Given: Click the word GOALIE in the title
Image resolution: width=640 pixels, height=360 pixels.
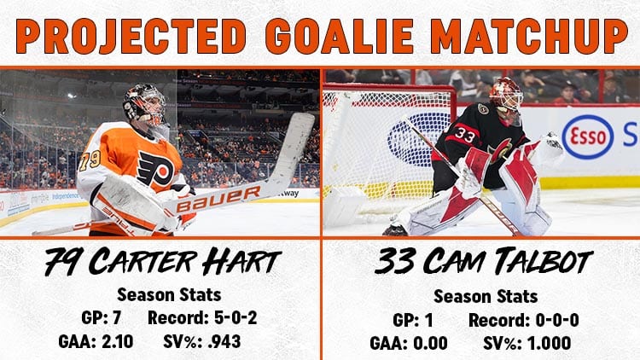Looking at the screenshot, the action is coord(339,36).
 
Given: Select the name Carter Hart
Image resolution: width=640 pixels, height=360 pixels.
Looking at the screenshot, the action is coord(185,261).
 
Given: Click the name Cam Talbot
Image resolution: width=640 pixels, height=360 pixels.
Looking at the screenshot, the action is coord(508,261).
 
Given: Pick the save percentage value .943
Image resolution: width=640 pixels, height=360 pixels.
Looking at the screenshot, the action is coord(224,341).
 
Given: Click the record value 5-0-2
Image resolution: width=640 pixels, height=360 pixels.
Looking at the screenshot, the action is coord(236,318).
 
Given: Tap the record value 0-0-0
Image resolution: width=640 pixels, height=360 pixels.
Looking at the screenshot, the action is coord(557,321).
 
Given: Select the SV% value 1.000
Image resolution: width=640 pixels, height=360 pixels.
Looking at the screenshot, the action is coord(550,343).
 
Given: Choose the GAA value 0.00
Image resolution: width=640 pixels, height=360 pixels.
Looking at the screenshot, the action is coord(430,343).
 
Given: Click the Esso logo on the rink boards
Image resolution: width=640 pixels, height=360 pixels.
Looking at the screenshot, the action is coord(587,137).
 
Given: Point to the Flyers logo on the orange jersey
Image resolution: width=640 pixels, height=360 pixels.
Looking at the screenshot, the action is coord(155,169).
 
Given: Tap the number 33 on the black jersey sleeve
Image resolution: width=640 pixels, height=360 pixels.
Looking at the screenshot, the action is coord(464,135).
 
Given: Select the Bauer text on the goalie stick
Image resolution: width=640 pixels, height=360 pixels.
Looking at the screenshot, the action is coord(218,199).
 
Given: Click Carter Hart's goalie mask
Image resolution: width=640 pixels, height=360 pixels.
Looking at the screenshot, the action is coord(146,104).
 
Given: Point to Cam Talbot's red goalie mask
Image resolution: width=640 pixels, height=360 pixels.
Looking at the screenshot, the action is coord(506,98).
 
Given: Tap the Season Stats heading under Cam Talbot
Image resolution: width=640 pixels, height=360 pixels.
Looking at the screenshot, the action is coord(486,296).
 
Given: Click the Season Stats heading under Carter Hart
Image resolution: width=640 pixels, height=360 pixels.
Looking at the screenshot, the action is coord(169,294).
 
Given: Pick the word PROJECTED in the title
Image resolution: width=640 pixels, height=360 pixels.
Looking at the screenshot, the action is coord(131,36).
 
